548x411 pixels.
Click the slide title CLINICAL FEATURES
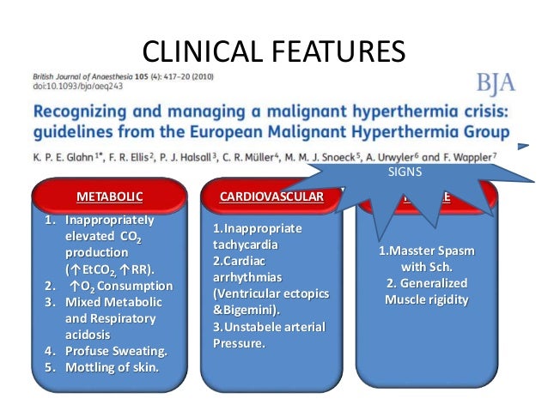click(x=273, y=51)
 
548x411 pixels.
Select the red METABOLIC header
click(x=109, y=196)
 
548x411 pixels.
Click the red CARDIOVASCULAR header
click(x=271, y=196)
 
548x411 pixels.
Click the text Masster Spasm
click(x=427, y=251)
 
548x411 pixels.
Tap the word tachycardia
click(x=247, y=247)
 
